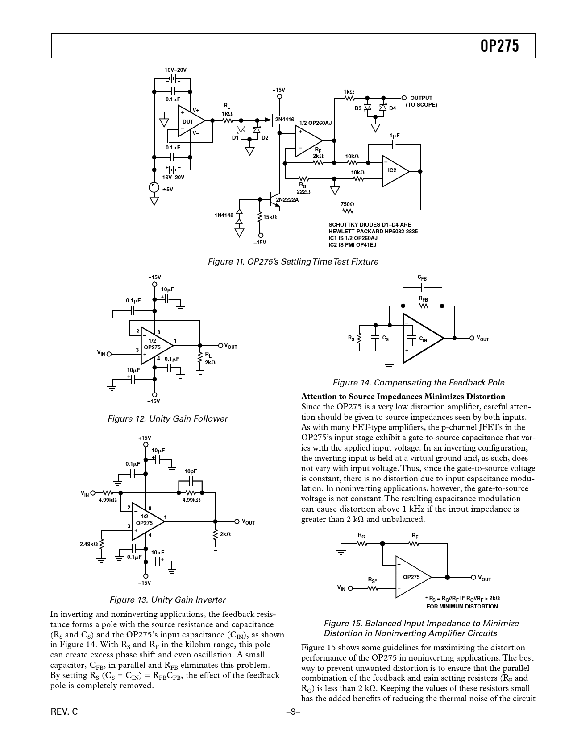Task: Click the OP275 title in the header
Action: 500,46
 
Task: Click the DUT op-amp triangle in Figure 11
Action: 190,121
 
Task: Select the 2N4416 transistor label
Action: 284,120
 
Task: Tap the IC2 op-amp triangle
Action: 394,171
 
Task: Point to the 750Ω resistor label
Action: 348,204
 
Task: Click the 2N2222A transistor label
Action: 287,199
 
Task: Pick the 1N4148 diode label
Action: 224,215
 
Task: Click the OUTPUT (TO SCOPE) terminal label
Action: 421,101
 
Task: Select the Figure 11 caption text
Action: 293,262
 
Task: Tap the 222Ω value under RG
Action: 303,191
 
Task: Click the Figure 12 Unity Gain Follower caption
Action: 167,419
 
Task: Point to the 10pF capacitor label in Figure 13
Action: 191,471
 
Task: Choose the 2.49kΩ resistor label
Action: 88,544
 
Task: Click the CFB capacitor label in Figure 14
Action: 422,277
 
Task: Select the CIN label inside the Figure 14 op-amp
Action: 423,340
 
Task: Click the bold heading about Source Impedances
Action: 403,397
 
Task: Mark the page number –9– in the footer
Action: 293,712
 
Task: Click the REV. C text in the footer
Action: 64,712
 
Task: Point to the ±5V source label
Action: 167,189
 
